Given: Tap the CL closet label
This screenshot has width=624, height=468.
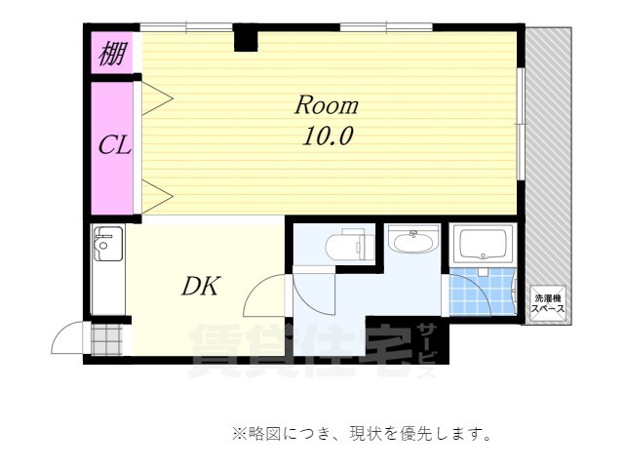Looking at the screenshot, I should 114,147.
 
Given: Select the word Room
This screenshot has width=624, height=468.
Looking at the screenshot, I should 327,105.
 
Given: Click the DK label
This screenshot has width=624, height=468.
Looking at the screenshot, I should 201,287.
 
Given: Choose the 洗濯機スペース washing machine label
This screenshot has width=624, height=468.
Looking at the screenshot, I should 547,301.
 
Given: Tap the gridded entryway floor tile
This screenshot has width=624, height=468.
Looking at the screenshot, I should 107,340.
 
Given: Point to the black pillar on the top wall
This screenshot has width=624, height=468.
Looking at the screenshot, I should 245,39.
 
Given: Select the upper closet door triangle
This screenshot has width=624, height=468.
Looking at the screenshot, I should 157,97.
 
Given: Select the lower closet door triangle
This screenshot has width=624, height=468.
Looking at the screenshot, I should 157,196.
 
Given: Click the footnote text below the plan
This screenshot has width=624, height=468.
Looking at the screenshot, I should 361,433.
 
